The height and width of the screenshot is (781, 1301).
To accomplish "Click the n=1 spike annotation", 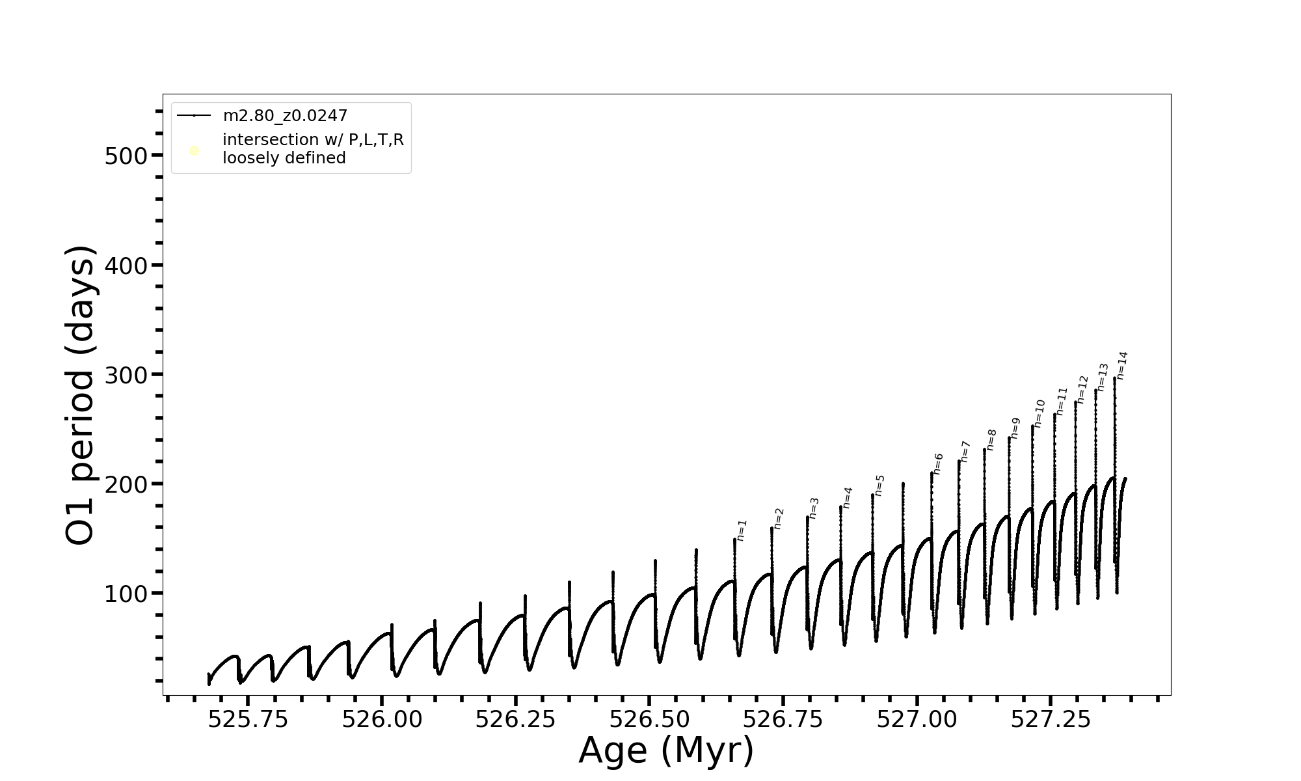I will click(x=742, y=530).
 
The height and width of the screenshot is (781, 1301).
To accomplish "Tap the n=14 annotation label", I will click(x=1121, y=365).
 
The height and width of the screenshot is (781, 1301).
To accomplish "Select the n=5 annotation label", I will click(x=879, y=486).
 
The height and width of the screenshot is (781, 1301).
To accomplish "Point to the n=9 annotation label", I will click(x=1015, y=428).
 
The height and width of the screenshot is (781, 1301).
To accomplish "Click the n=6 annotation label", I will click(x=937, y=464).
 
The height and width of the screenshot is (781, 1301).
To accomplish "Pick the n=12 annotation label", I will click(x=1082, y=389).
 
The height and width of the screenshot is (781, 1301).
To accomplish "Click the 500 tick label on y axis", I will click(x=126, y=156).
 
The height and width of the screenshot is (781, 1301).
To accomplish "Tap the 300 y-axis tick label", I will click(x=126, y=375).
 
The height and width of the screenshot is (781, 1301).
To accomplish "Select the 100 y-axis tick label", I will click(x=126, y=594).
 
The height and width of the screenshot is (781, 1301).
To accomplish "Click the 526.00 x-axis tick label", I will click(x=382, y=719).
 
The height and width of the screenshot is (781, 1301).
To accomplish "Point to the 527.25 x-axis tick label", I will click(x=1051, y=719).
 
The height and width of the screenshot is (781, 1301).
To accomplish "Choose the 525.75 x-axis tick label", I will click(x=248, y=719).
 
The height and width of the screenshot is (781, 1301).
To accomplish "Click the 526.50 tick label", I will click(x=649, y=719).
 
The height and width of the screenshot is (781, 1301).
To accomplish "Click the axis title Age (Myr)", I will click(x=666, y=750).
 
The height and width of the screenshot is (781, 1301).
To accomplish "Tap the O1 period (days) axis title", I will click(x=81, y=395).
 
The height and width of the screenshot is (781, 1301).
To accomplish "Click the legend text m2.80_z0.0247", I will click(x=285, y=116).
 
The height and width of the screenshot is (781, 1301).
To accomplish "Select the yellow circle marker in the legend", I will click(x=194, y=151).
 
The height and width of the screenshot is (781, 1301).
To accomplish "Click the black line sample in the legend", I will click(x=194, y=116).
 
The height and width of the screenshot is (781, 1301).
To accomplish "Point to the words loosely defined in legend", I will click(x=284, y=158).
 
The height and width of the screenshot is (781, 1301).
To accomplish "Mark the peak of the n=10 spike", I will click(x=1032, y=426).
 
